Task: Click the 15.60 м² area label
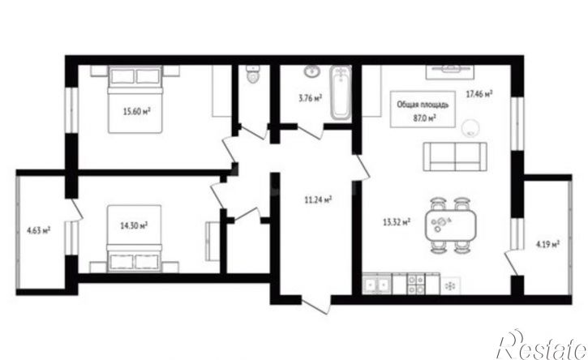[137, 111]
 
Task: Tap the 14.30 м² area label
[134, 225]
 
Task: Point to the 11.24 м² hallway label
[318, 200]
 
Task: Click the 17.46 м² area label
[479, 94]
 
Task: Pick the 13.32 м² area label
[396, 222]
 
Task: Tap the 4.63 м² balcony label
[39, 230]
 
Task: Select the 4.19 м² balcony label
[547, 245]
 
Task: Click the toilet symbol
[254, 74]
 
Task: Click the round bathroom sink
[311, 71]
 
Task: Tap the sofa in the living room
[455, 156]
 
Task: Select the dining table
[450, 225]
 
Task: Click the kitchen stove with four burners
[416, 284]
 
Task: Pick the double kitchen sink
[377, 284]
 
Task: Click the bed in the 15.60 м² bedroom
[135, 100]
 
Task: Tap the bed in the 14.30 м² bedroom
[135, 238]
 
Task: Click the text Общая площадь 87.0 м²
[423, 111]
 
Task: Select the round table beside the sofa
[470, 128]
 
